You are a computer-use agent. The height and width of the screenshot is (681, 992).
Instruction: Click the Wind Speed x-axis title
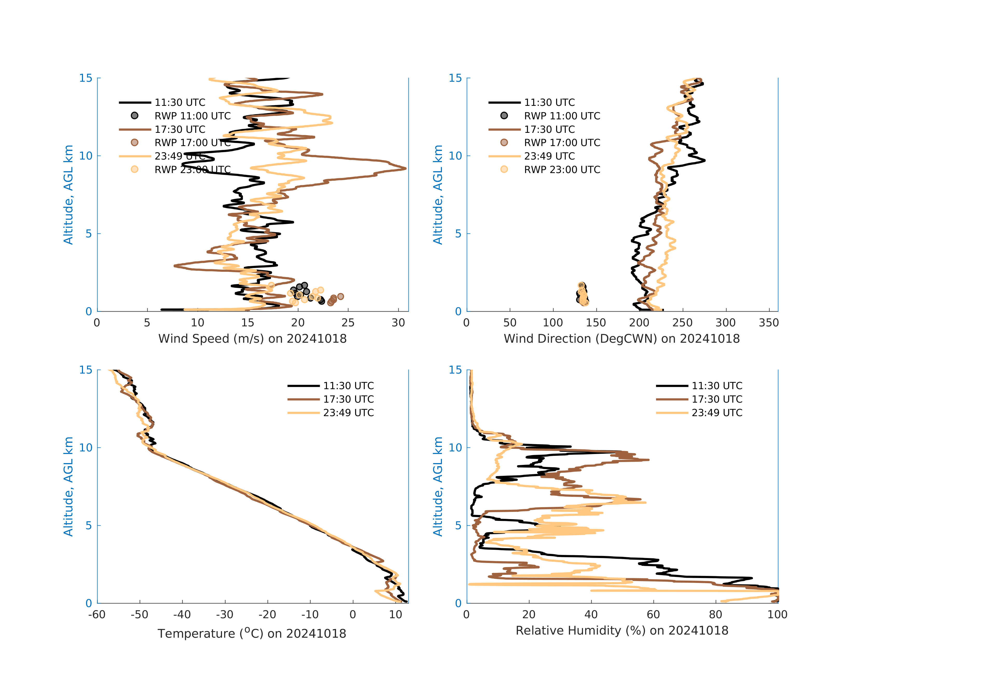click(252, 339)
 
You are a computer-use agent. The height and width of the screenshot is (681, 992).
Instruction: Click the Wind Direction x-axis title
click(621, 339)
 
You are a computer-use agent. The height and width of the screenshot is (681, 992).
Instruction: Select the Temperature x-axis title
click(252, 633)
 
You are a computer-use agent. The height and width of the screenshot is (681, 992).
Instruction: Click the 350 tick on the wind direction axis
click(769, 323)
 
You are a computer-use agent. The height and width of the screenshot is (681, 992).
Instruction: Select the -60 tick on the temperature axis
click(97, 615)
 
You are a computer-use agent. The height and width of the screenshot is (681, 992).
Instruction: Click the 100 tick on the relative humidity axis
click(777, 615)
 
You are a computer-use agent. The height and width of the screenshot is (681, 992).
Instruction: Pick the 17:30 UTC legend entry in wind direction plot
click(549, 129)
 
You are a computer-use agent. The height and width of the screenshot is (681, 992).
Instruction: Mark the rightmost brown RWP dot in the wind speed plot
click(340, 296)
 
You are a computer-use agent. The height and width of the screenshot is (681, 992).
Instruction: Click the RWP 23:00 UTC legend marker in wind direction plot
click(504, 169)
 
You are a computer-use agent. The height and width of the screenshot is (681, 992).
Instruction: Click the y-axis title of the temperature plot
click(68, 486)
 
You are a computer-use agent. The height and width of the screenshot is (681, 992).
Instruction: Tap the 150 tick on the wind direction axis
click(596, 323)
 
